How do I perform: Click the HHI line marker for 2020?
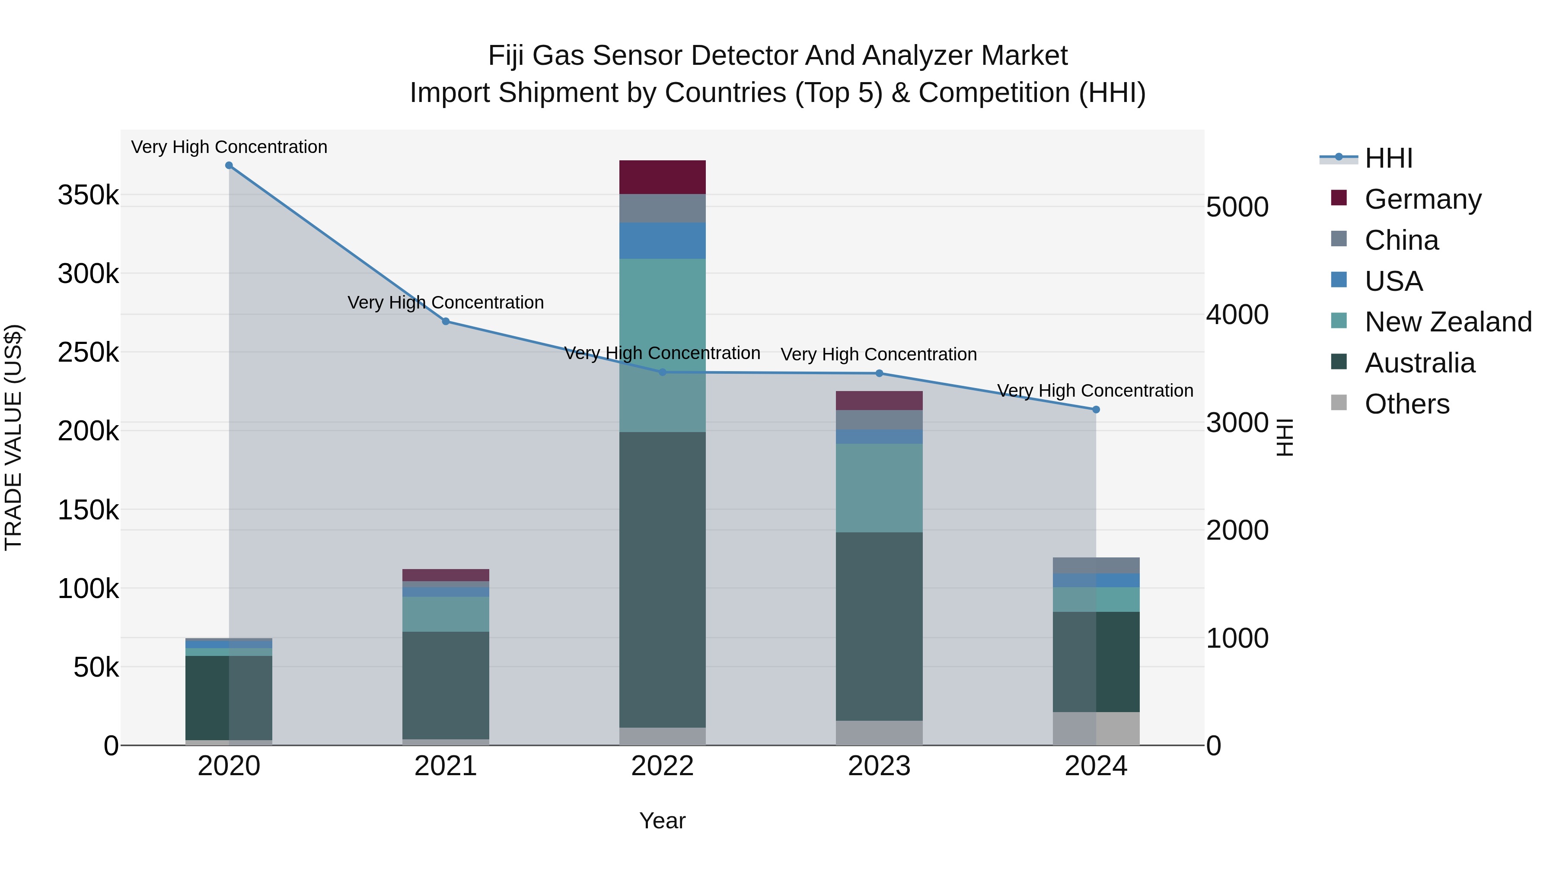229,165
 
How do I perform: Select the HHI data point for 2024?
1096,410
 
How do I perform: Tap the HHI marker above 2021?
446,321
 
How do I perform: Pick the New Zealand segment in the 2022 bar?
662,345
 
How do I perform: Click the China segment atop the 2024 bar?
1096,565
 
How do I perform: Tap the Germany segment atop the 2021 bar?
446,575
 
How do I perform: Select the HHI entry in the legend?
1388,158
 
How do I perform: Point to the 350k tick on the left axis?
88,196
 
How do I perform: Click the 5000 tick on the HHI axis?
1237,207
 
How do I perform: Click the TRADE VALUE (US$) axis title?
14,437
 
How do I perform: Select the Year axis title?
662,821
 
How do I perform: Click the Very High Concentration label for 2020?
229,147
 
